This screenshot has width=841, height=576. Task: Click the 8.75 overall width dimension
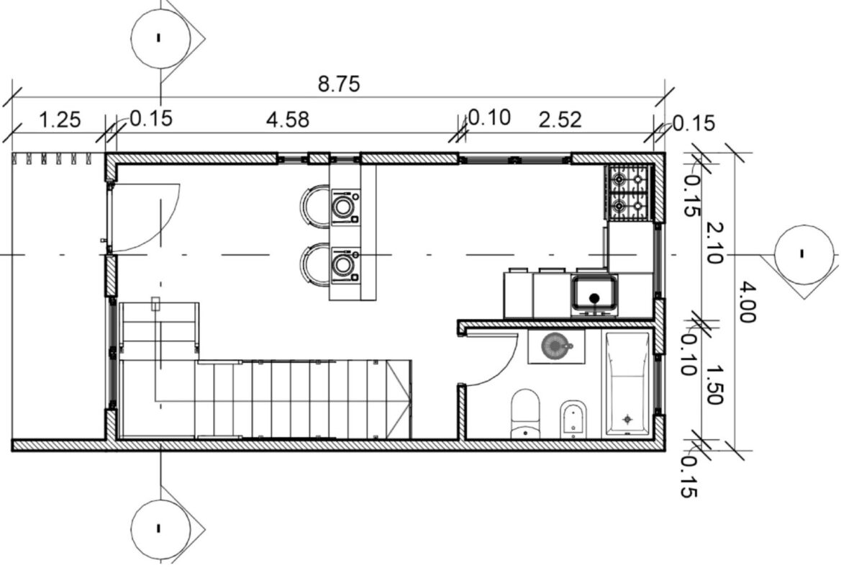(x=339, y=84)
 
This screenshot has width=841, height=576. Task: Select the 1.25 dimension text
(x=60, y=120)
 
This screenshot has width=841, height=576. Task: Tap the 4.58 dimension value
(x=288, y=120)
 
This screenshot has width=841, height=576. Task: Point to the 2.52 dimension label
(x=560, y=120)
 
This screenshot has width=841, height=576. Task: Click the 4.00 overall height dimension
(x=747, y=303)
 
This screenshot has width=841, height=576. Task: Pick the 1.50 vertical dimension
(x=714, y=385)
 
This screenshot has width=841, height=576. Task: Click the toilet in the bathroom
(x=525, y=414)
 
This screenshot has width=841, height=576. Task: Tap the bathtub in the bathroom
(x=627, y=383)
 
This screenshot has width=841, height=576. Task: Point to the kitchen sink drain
(x=594, y=299)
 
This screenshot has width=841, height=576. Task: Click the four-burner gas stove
(x=629, y=192)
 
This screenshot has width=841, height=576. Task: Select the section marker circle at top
(x=160, y=37)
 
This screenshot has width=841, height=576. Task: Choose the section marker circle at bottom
(x=160, y=528)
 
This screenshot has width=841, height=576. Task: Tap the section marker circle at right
(x=804, y=254)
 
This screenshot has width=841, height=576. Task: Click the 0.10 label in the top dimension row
(x=488, y=117)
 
